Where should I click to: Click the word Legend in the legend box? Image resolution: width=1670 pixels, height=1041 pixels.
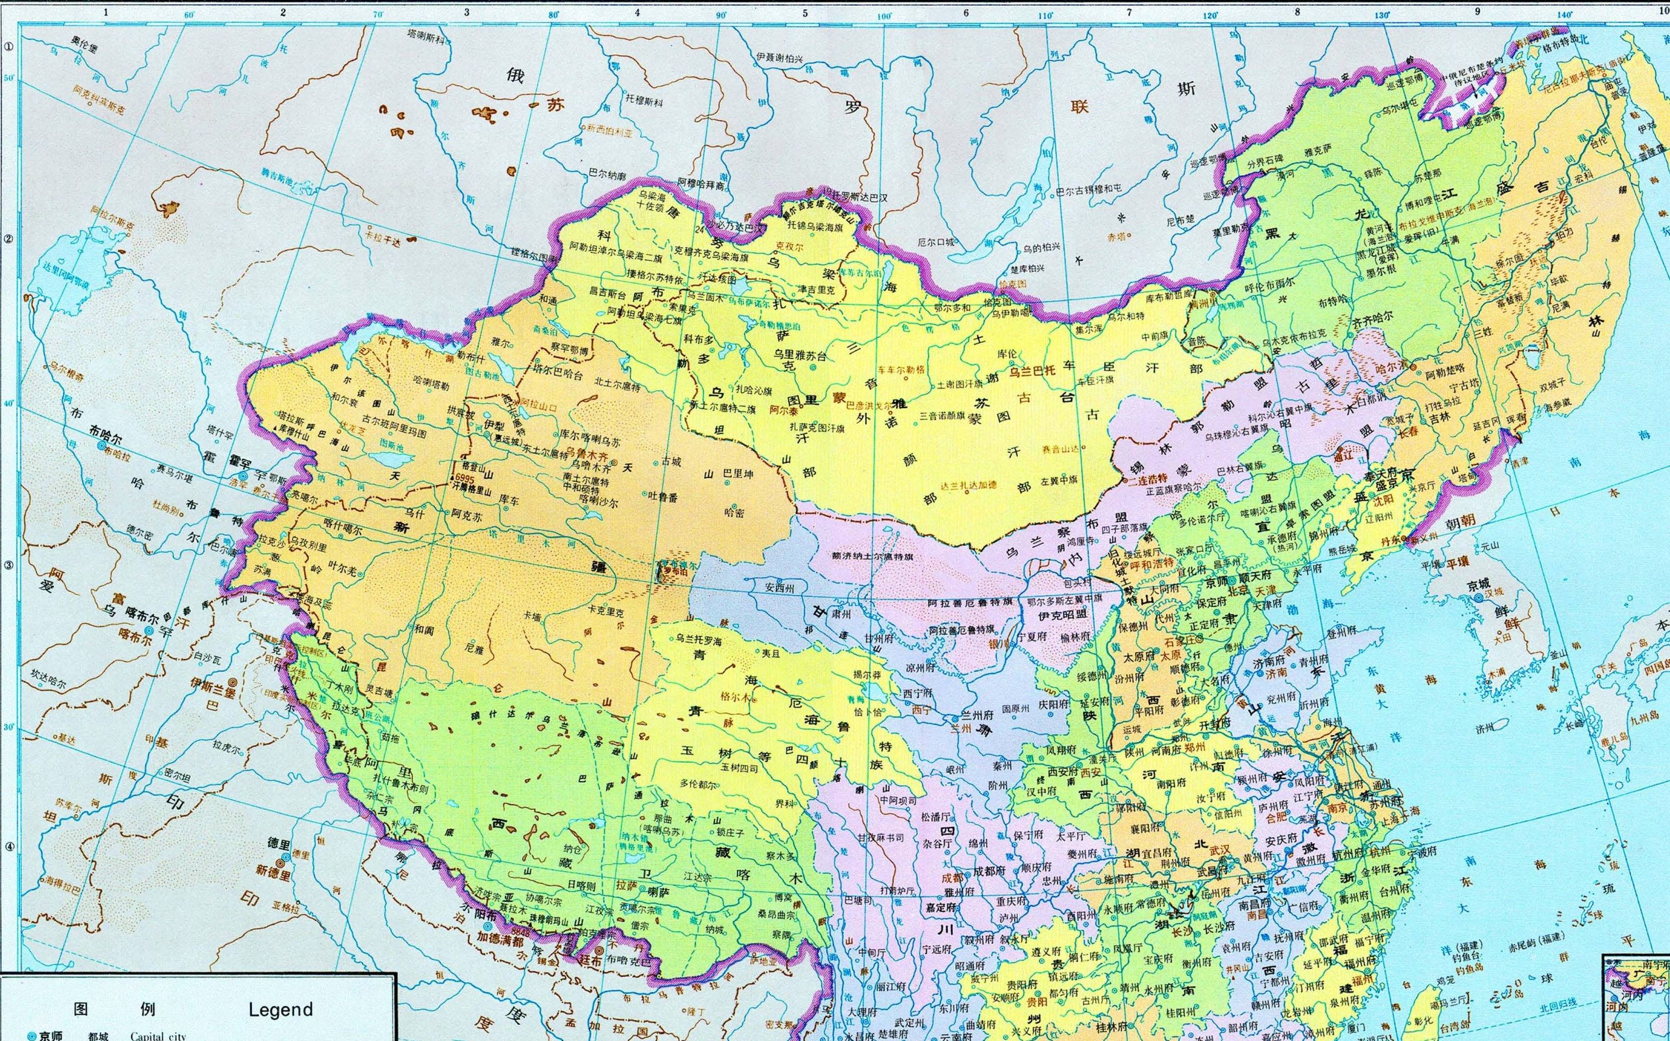click(280, 1009)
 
